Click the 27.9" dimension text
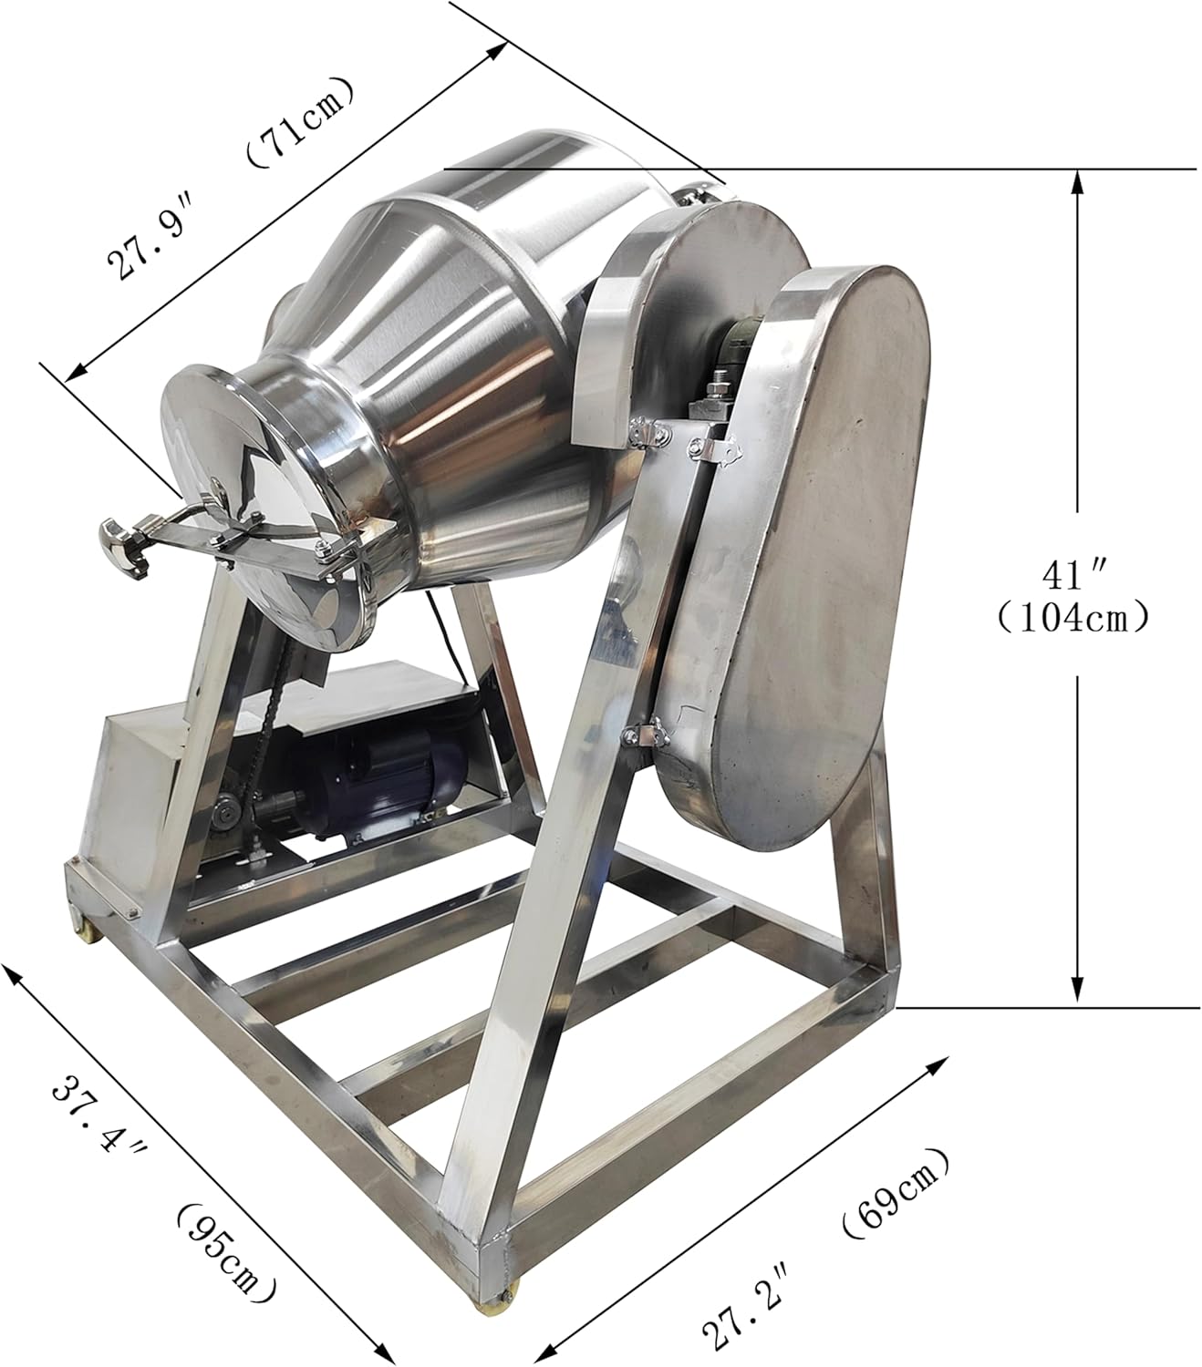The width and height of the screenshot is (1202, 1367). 146,235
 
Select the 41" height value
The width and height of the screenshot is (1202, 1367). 1074,577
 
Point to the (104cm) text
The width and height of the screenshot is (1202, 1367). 1074,619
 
